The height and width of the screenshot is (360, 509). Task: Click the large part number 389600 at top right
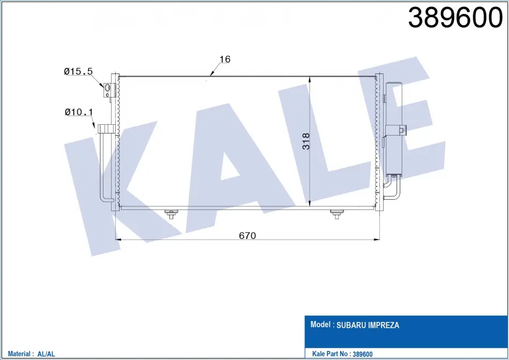click(455, 18)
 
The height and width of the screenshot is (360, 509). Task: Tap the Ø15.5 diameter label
click(78, 71)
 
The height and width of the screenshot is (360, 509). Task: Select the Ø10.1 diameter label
click(79, 112)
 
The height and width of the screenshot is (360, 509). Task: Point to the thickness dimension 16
click(225, 59)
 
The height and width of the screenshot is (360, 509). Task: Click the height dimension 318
click(306, 141)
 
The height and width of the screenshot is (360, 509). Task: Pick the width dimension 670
click(248, 235)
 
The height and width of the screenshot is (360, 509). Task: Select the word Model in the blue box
click(320, 324)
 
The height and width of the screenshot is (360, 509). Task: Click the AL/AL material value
click(46, 354)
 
